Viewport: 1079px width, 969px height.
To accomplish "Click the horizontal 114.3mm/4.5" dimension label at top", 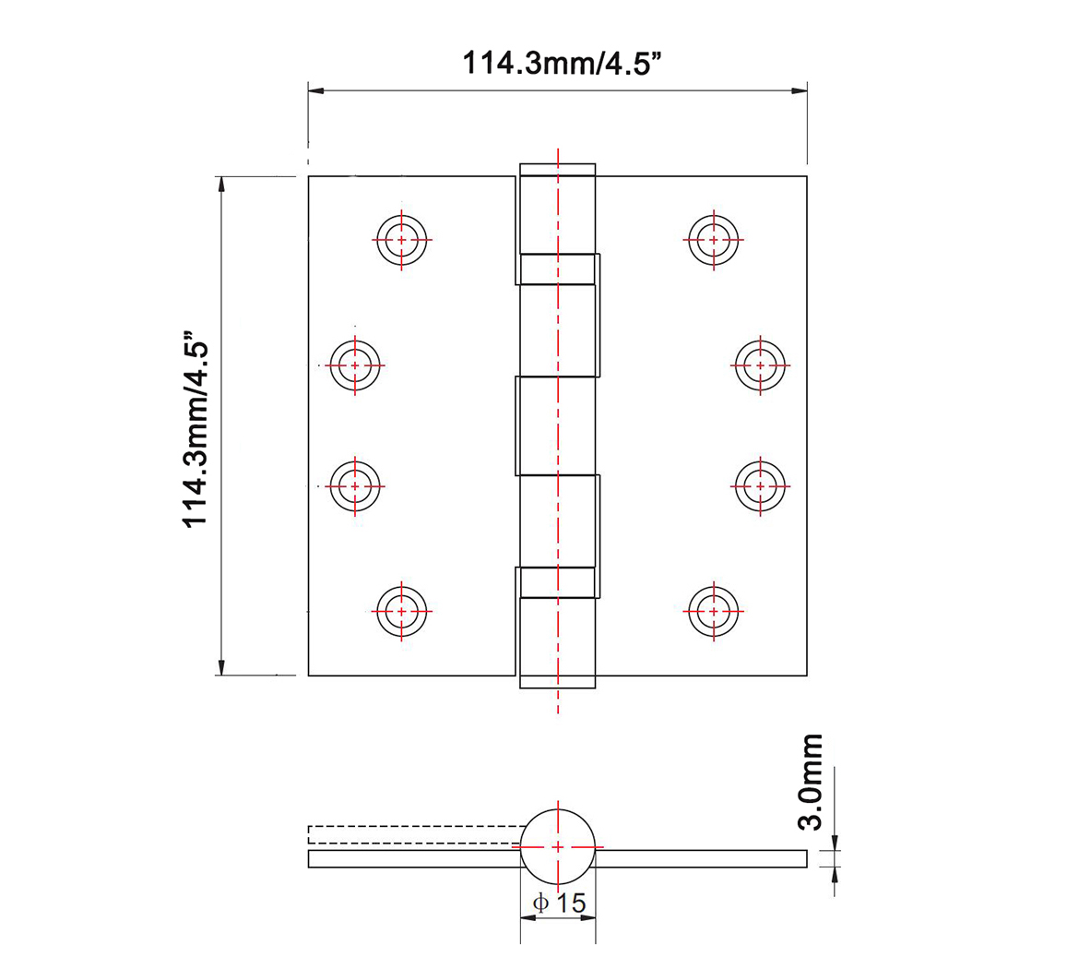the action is click(563, 63).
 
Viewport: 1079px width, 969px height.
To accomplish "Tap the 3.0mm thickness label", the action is click(811, 782).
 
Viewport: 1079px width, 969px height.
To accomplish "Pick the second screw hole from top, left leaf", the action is click(355, 365).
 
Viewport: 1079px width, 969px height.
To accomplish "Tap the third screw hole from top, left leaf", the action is click(355, 484).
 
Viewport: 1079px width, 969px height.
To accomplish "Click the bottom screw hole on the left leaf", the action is click(401, 610).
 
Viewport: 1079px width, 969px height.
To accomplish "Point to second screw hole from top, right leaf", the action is click(760, 365).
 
